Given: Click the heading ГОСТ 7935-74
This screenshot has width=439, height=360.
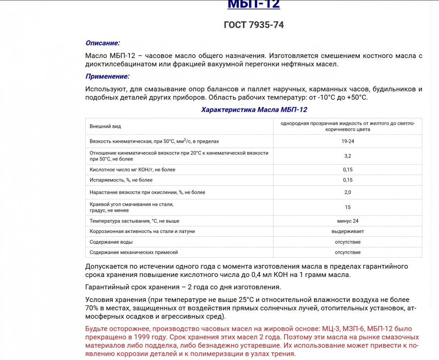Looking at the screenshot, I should pos(253,25).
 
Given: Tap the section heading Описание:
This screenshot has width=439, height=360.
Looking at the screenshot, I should pos(103,43).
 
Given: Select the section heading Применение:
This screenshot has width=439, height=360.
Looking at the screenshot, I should pos(107,77).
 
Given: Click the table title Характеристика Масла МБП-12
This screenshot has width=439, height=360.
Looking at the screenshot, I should pos(254,110).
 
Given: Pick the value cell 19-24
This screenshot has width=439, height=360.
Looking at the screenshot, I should pos(347,141).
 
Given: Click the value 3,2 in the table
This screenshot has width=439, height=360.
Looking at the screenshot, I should pos(347,156).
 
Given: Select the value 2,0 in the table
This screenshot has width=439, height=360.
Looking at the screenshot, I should pos(347,193).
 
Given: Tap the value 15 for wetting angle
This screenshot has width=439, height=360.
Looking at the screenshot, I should pos(347,207).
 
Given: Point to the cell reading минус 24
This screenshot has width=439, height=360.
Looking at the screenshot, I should pos(347,221).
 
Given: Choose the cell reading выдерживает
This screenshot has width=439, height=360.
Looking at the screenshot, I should pos(347,232).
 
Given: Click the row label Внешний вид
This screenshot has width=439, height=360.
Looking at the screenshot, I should pos(105,127).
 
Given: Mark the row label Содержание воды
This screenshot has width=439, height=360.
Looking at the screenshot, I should pos(111,242).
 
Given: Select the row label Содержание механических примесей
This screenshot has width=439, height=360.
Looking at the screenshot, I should pos(134,253).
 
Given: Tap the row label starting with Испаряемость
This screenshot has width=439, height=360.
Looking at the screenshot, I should pos(121,180).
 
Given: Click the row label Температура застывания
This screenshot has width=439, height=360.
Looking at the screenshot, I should pos(134,221).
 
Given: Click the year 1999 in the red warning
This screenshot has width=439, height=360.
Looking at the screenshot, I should pos(142,337).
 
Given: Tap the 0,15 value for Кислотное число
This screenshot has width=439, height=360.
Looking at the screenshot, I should pos(347,170).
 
